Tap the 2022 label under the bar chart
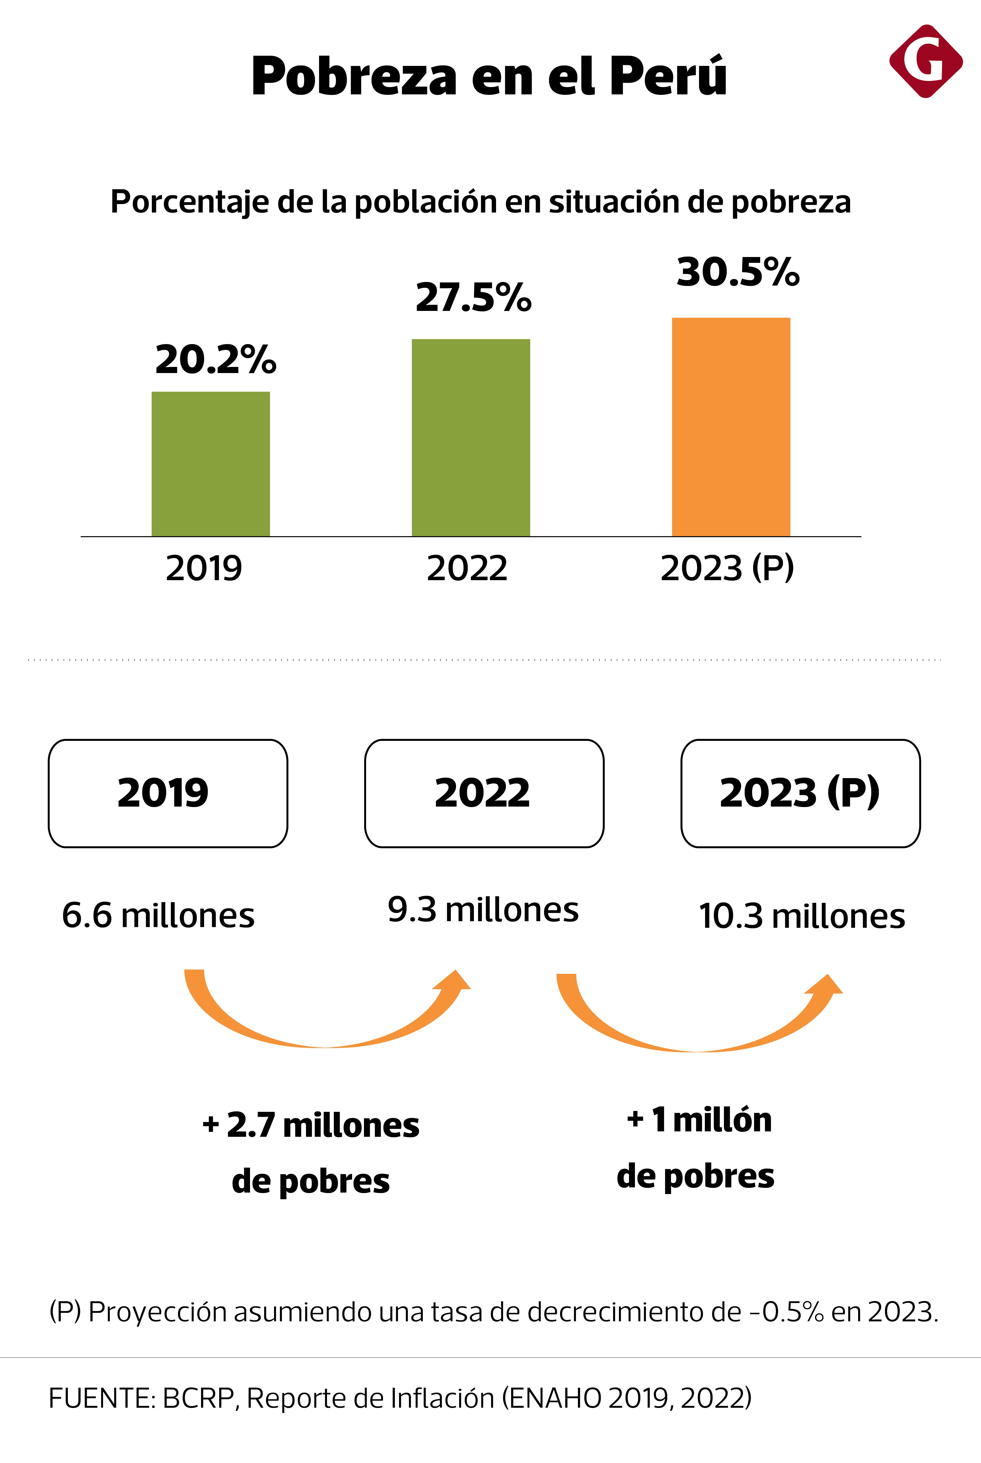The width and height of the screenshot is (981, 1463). tap(467, 568)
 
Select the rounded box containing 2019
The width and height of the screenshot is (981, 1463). tap(168, 793)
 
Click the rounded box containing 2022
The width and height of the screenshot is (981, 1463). tap(484, 793)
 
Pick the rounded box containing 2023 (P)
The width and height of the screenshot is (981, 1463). tap(800, 793)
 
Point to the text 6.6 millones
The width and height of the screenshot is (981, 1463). tap(158, 915)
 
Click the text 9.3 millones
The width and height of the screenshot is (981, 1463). tap(483, 909)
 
